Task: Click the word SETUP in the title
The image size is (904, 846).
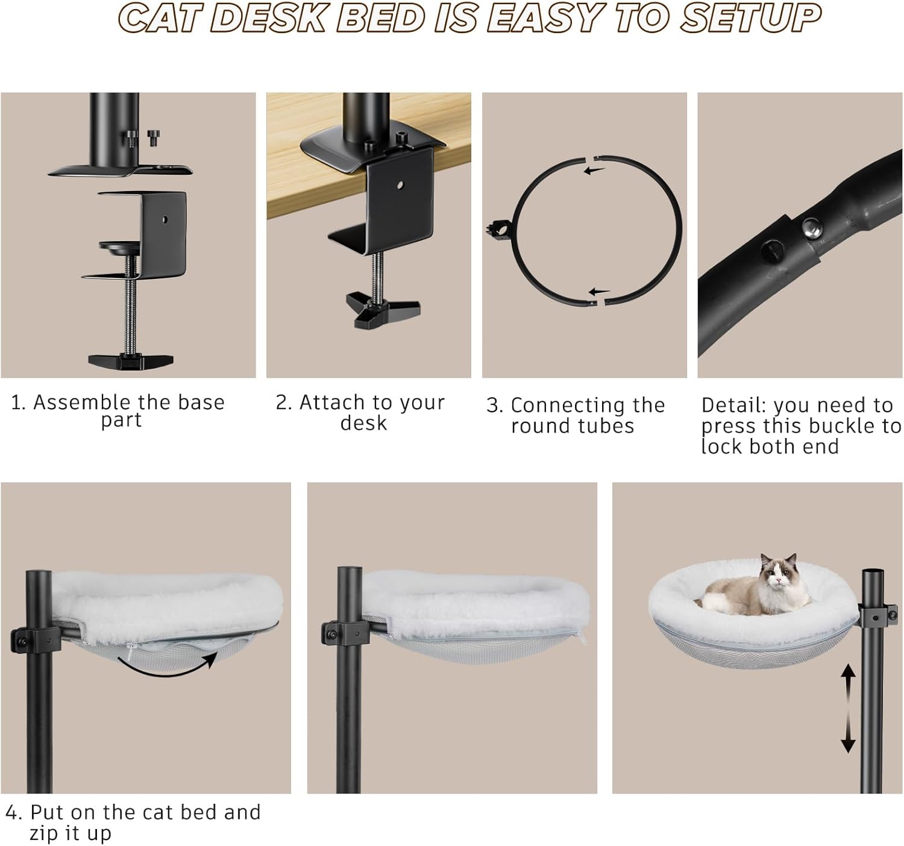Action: [750, 18]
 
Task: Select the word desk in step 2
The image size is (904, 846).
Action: [363, 423]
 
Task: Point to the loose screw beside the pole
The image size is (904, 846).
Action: [154, 137]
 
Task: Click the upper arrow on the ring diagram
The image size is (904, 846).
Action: [594, 171]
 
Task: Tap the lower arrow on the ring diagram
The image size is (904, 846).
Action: [599, 292]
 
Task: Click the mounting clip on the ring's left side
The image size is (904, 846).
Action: [499, 228]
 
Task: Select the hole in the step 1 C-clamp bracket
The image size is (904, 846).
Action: [165, 219]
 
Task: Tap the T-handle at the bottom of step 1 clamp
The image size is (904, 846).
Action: [131, 361]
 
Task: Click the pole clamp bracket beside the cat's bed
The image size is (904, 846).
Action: [879, 615]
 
